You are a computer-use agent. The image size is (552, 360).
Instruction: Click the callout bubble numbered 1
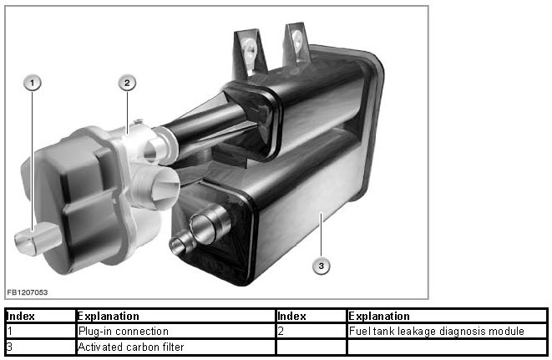click(33, 84)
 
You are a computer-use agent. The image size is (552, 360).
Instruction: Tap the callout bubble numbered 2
click(127, 84)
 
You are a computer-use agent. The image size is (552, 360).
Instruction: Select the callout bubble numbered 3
click(321, 266)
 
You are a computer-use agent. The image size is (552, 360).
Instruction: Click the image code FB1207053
click(27, 292)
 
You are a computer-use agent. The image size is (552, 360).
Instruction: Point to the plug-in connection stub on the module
click(37, 239)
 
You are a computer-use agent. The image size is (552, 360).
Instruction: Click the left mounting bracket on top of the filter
click(250, 52)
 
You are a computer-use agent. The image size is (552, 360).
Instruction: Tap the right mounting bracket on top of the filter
click(296, 43)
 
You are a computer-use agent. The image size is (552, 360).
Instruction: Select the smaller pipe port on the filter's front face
click(181, 243)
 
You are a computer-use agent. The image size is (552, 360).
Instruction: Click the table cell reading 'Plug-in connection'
click(175, 331)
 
